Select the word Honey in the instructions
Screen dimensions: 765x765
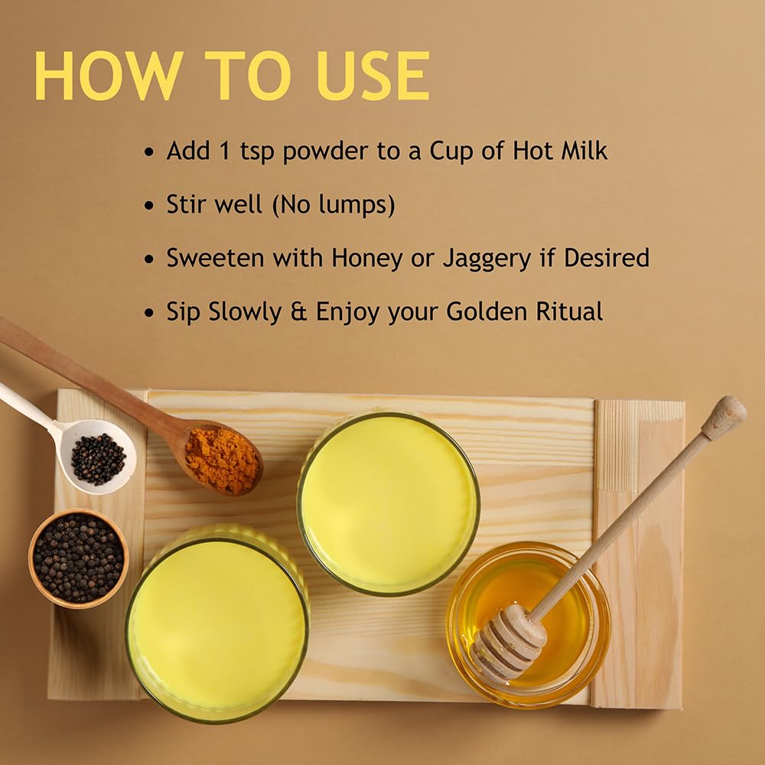click(366, 259)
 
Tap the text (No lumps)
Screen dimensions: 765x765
click(334, 205)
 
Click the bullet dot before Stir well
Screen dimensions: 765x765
click(149, 206)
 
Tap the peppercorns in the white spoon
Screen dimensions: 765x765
click(98, 458)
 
